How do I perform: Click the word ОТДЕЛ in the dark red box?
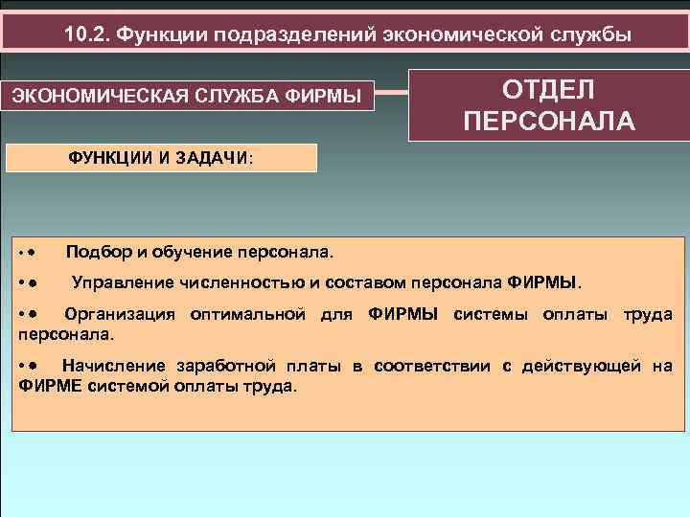(x=548, y=89)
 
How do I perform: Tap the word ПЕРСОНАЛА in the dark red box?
(x=548, y=122)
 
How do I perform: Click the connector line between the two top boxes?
(x=392, y=94)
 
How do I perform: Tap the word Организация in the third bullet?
(x=122, y=314)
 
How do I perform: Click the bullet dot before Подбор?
(x=32, y=254)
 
